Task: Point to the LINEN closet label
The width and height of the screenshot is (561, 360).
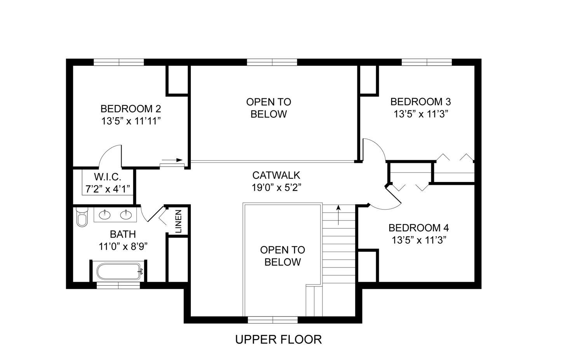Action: tap(178, 222)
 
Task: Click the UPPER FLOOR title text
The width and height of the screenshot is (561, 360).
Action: tap(279, 339)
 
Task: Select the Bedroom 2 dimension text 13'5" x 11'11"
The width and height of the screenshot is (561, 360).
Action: tap(131, 121)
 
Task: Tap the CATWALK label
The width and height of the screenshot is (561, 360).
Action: tap(276, 175)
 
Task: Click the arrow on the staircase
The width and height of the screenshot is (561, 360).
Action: tap(339, 215)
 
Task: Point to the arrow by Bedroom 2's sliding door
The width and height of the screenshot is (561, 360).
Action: tap(172, 160)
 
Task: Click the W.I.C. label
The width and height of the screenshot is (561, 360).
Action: tap(108, 177)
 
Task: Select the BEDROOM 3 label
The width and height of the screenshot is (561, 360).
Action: tap(420, 102)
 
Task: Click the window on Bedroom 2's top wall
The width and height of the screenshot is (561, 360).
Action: tap(119, 62)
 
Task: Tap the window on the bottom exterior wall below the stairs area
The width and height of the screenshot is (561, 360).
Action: tap(273, 320)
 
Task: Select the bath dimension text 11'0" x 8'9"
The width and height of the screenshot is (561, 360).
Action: tap(123, 246)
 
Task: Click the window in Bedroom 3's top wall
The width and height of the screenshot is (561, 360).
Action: tap(427, 62)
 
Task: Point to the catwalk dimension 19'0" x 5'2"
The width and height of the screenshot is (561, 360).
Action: tap(276, 187)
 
